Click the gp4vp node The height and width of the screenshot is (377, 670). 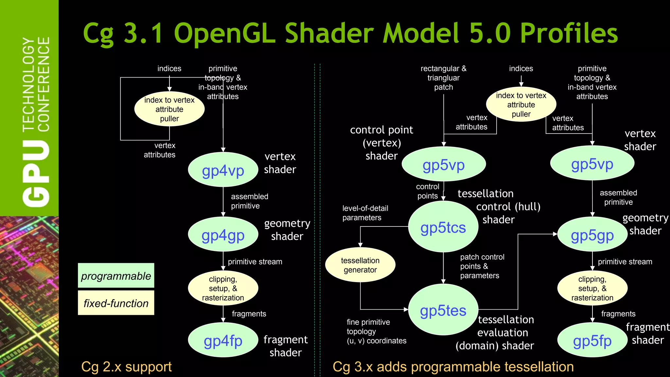tap(223, 170)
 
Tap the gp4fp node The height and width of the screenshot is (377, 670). tap(223, 340)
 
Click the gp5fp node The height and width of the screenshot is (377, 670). tap(592, 340)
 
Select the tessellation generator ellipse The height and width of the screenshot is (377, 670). tap(360, 265)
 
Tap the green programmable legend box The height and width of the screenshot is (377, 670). tap(116, 276)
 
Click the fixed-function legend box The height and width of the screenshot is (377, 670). tap(116, 303)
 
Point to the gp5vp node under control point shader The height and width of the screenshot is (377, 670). tap(443, 164)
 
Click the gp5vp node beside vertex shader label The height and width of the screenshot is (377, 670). tap(592, 163)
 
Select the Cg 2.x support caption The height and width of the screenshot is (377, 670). tap(126, 367)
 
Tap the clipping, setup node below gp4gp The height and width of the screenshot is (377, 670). tap(223, 288)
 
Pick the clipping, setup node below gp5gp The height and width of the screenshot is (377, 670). tap(592, 288)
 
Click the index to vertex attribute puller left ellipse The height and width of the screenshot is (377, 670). tap(169, 109)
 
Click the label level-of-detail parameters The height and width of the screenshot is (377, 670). tap(365, 213)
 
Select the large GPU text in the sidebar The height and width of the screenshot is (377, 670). tap(36, 174)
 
